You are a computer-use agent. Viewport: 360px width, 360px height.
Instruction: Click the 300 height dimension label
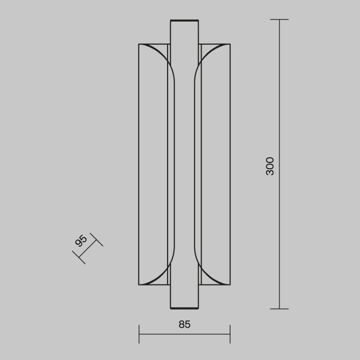[270, 166]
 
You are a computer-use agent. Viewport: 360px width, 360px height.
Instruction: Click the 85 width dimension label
[184, 324]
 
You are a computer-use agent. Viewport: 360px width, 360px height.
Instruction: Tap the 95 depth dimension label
[81, 241]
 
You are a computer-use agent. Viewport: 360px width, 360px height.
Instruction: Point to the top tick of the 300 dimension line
[279, 20]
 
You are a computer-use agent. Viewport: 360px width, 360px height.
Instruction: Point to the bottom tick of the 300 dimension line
[279, 309]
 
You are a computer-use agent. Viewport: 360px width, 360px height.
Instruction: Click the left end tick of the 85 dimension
[139, 334]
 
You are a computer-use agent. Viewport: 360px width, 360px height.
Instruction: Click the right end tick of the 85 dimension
[230, 334]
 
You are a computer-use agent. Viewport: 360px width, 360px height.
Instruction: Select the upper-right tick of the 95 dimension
[97, 240]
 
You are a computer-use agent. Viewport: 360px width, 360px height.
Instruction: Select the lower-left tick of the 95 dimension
[79, 257]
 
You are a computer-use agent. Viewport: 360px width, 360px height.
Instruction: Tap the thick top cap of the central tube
[184, 21]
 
